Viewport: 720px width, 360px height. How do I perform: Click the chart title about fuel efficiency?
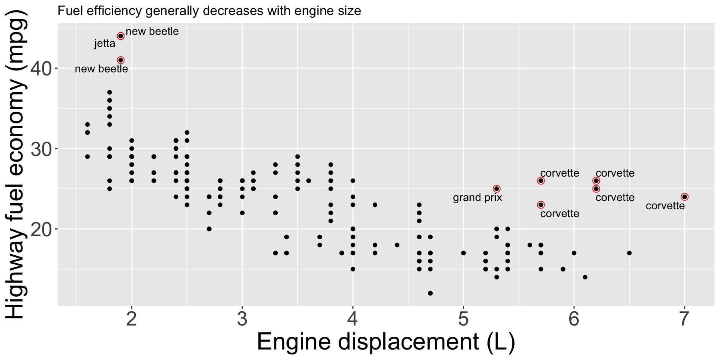209,11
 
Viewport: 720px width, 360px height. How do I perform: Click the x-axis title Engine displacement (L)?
386,342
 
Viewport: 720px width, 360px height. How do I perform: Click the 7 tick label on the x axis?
684,319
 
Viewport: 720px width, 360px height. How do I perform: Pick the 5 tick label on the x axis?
463,319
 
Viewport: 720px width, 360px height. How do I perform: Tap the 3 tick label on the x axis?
242,319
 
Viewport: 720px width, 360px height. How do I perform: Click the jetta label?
105,44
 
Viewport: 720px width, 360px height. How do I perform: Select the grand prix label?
477,198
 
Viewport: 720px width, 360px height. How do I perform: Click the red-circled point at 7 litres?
684,197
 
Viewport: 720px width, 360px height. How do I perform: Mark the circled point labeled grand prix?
496,189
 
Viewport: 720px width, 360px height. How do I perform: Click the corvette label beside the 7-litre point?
665,206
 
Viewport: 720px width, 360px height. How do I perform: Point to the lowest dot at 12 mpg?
430,293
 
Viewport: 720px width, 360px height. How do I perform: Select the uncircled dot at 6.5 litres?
629,253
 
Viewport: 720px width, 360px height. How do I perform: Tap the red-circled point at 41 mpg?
120,60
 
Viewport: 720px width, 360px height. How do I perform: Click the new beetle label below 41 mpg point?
101,69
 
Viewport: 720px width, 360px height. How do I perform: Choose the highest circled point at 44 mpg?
120,36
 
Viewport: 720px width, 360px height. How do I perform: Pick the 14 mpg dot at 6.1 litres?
585,277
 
